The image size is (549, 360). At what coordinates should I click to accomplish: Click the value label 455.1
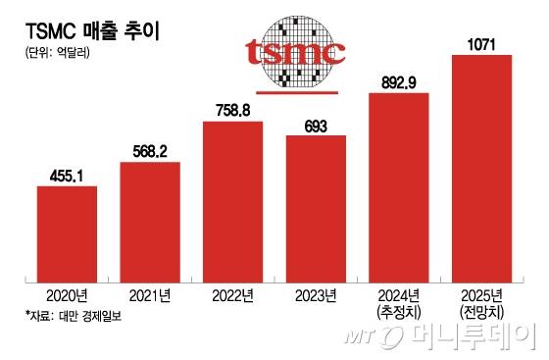point(67,175)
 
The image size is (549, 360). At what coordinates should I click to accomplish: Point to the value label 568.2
point(149,152)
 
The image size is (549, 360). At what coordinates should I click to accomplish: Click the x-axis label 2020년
point(67,293)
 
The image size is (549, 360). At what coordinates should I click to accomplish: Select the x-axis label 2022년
point(232,293)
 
